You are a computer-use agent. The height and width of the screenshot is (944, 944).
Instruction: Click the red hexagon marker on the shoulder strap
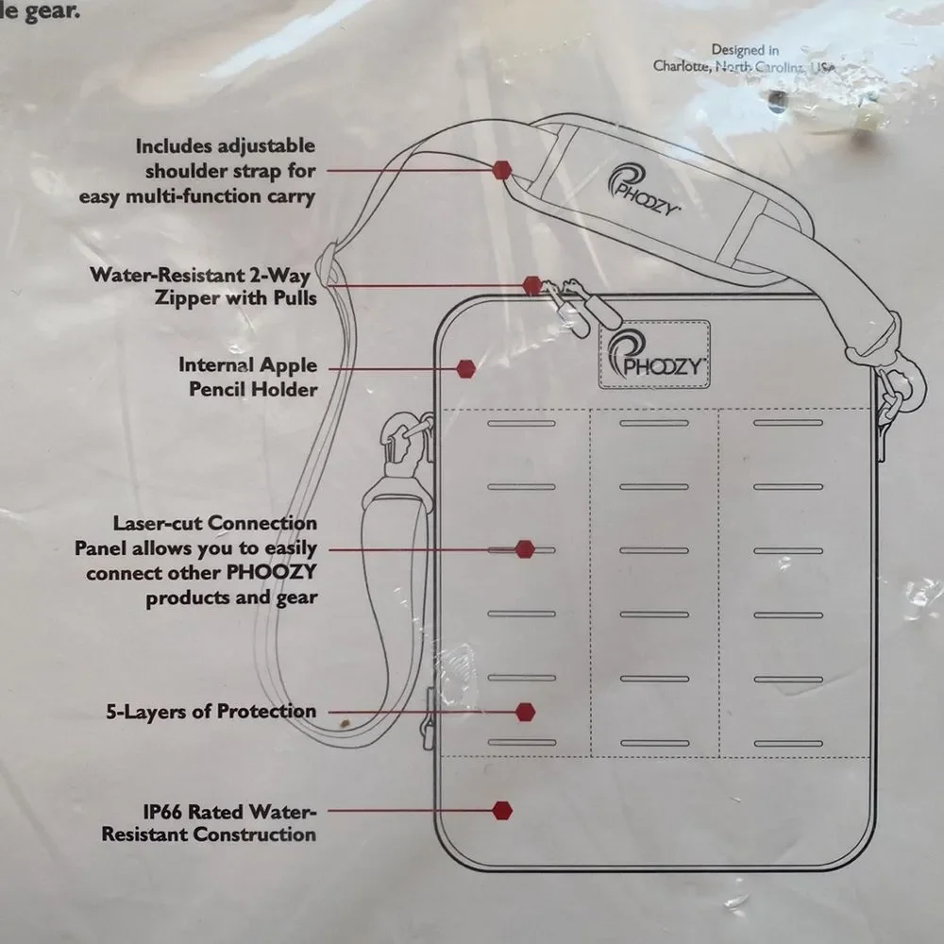click(x=501, y=170)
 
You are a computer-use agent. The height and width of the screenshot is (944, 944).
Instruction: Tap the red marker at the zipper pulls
click(x=531, y=286)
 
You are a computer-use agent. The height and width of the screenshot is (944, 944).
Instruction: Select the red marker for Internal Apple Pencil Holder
click(x=465, y=369)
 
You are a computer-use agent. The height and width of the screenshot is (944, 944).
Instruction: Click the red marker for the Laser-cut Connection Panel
click(x=525, y=549)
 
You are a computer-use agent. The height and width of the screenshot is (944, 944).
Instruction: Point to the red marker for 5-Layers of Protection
click(x=526, y=712)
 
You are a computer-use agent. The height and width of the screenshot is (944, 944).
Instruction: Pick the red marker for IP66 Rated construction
click(x=502, y=811)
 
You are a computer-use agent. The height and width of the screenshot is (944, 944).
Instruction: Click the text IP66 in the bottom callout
click(x=162, y=812)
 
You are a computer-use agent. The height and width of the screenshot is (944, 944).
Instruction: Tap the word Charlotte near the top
click(x=681, y=66)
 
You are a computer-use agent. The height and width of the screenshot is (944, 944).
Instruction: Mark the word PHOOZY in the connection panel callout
click(x=270, y=572)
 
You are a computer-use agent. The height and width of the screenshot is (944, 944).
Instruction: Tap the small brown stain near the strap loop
click(x=345, y=722)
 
